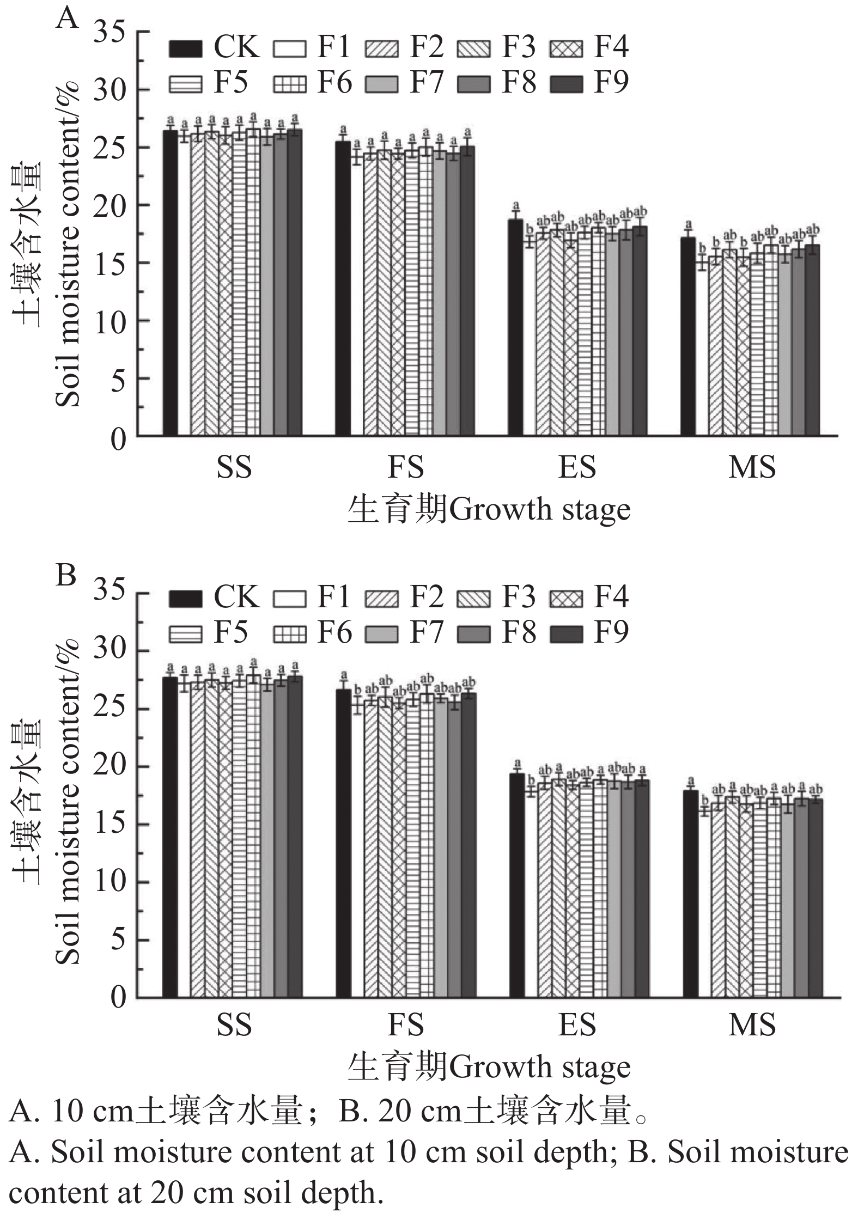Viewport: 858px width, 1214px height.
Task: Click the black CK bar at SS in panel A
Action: point(170,283)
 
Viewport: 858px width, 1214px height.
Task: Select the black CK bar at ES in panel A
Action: point(515,327)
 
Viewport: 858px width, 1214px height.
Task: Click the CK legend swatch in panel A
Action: point(185,48)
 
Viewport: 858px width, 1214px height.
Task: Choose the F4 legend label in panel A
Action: point(611,46)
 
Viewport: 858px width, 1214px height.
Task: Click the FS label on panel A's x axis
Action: point(406,467)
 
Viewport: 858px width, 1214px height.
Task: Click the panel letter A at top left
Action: point(67,19)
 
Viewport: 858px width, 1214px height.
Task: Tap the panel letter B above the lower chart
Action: point(66,576)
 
